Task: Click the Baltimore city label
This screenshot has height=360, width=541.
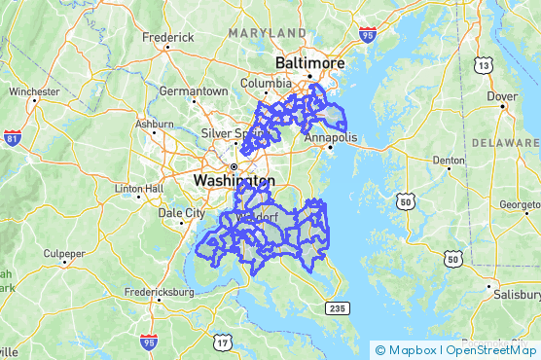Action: (310, 62)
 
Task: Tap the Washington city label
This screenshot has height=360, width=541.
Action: (234, 181)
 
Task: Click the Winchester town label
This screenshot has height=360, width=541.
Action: (34, 91)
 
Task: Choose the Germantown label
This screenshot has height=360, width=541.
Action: (194, 90)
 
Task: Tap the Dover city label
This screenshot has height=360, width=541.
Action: (501, 96)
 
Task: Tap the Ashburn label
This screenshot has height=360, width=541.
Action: (155, 125)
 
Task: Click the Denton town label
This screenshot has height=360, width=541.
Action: (448, 160)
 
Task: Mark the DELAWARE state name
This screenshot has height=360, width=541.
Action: (505, 142)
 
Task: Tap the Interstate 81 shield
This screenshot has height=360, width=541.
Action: (13, 138)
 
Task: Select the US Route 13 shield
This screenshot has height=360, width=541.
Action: (484, 65)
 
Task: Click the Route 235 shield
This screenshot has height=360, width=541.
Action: (337, 307)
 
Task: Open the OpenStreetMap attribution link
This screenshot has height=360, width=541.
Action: (491, 349)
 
